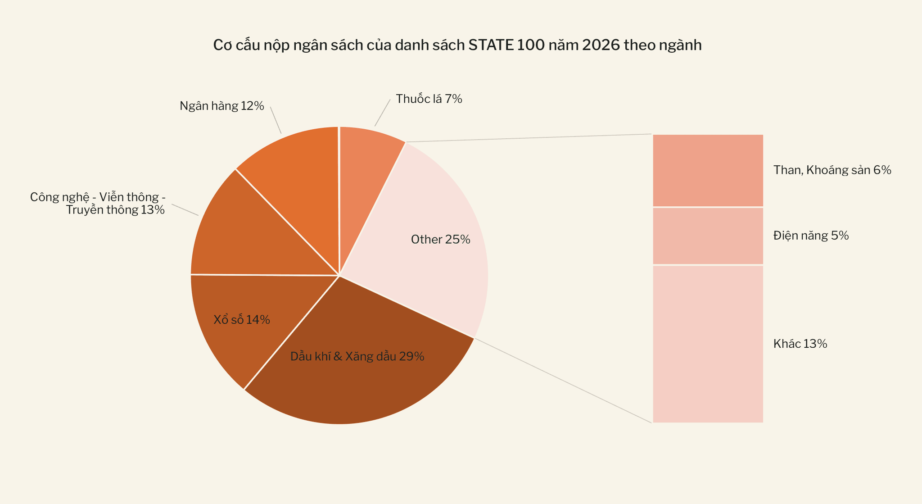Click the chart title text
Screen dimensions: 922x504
[457, 45]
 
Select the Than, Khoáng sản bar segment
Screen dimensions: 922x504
[708, 170]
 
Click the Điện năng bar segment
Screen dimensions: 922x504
[708, 236]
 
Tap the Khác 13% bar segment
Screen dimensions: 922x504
[708, 344]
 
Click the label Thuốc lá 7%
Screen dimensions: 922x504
[429, 99]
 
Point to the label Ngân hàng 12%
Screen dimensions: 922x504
[221, 106]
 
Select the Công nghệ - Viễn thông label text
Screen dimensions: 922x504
[98, 203]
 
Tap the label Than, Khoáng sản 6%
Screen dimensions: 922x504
[832, 170]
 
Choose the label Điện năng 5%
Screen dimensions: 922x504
[811, 236]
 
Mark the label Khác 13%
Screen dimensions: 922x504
[800, 344]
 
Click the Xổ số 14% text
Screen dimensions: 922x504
[242, 320]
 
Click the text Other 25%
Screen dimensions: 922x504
[441, 240]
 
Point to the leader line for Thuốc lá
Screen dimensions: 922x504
[382, 113]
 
